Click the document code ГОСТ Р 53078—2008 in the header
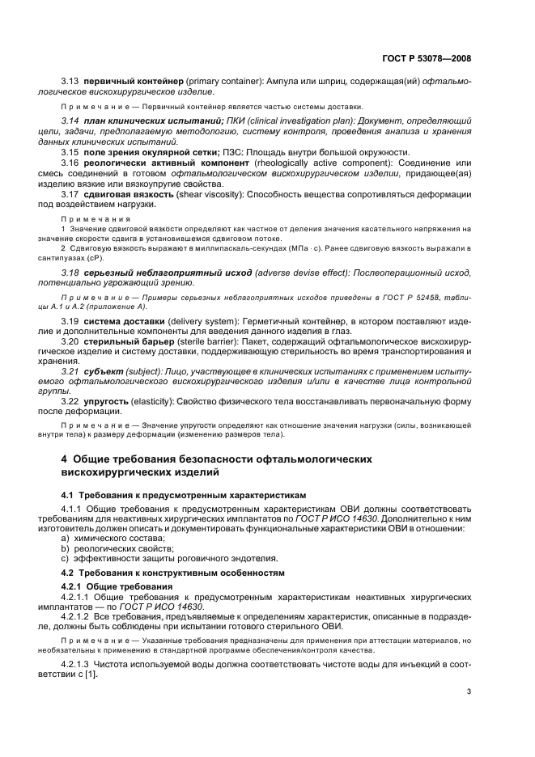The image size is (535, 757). pos(426,58)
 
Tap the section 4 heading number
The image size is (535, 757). pos(65,459)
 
